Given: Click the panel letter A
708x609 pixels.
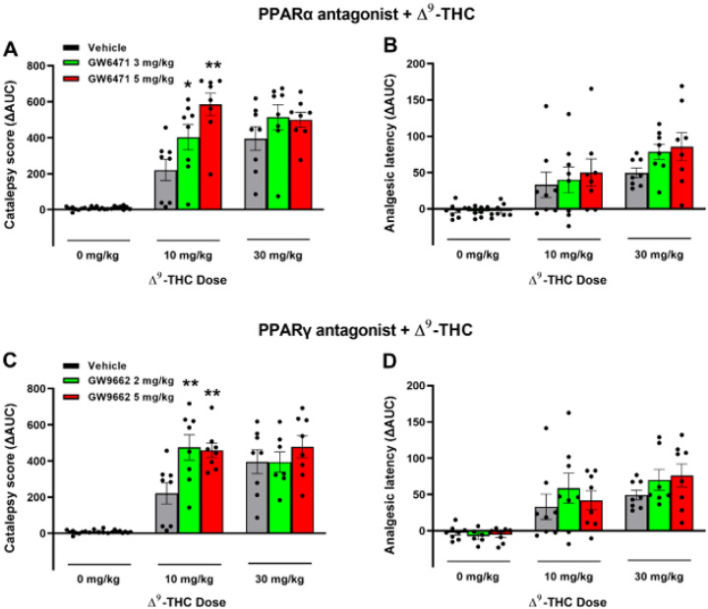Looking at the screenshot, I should coord(13,47).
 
